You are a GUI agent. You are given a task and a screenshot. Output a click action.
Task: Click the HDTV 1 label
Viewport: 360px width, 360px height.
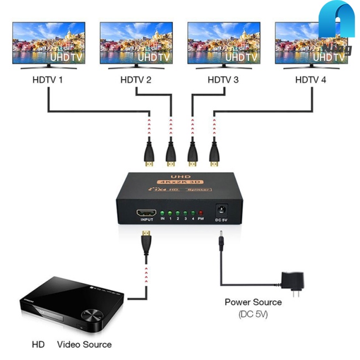[x=48, y=80]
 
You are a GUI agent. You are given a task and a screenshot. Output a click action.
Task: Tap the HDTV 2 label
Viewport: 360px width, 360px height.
[x=136, y=80]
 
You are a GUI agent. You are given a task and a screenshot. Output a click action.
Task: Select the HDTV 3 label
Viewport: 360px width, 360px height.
[x=223, y=80]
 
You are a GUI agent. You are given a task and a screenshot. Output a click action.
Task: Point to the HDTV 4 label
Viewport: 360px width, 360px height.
[x=311, y=80]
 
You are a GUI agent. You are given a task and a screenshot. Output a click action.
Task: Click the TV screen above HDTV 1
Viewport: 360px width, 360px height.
[x=49, y=43]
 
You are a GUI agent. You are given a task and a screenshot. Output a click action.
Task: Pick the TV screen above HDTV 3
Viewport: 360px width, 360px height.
[x=224, y=43]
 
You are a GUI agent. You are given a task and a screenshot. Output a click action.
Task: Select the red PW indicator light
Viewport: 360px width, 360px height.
[x=200, y=213]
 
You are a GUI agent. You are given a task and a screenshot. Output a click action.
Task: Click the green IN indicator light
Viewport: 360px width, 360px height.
[x=163, y=213]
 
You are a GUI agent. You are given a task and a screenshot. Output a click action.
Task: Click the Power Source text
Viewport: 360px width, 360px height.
[x=253, y=302]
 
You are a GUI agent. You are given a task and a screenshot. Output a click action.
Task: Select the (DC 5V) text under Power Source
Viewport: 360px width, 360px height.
[x=253, y=315]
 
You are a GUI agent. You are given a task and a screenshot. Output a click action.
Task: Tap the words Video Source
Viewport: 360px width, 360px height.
[x=84, y=344]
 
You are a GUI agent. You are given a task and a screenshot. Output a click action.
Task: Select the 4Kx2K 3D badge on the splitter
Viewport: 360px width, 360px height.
[x=180, y=182]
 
